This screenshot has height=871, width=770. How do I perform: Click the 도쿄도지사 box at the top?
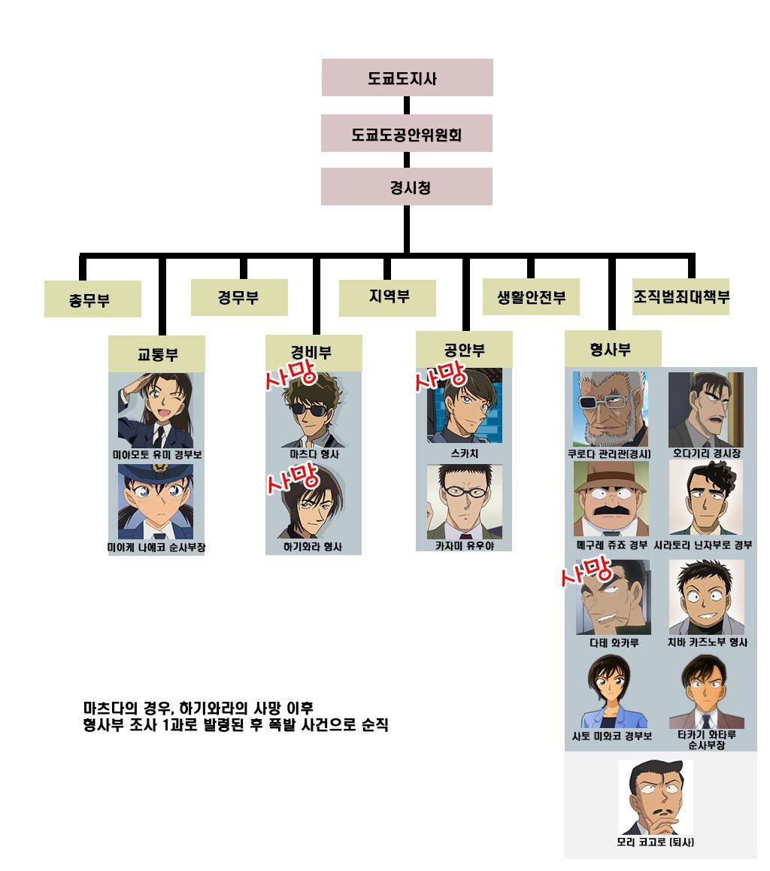[407, 77]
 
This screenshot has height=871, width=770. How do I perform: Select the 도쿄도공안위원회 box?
[406, 133]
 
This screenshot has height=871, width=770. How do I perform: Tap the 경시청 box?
[406, 187]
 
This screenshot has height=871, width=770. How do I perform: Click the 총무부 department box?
[92, 299]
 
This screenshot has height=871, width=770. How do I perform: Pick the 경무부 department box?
[239, 297]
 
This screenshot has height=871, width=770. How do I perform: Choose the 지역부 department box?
[387, 298]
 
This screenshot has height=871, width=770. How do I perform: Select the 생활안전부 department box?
[531, 296]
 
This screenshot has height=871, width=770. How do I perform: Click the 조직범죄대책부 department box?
[681, 296]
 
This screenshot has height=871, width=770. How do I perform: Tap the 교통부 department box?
[156, 354]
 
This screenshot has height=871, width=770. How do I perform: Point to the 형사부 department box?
[613, 349]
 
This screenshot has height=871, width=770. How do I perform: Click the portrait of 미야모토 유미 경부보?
[156, 411]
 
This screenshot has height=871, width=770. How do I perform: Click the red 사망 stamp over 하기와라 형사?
[293, 478]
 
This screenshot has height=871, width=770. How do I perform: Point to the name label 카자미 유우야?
[465, 546]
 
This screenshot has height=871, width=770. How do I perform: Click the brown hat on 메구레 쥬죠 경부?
[610, 477]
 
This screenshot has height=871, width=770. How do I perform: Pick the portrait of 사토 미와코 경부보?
[611, 691]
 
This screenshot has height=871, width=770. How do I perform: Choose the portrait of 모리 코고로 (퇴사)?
[656, 797]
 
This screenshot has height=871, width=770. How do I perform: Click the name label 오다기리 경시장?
[707, 454]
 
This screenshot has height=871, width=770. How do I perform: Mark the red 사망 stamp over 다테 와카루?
[587, 571]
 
